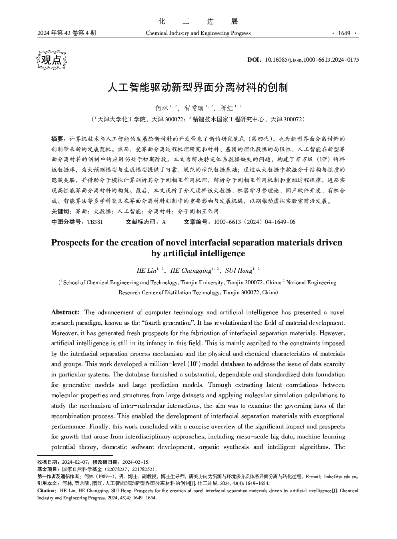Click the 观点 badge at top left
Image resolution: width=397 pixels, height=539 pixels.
tap(52, 60)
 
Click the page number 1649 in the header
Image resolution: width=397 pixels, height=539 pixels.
tap(344, 33)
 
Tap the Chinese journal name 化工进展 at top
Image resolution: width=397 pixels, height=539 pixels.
tap(198, 21)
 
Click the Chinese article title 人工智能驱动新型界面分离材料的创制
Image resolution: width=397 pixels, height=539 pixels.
tap(198, 87)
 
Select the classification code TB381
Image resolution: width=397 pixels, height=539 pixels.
tap(94, 222)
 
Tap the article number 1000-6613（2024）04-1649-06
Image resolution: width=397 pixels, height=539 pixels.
tap(255, 222)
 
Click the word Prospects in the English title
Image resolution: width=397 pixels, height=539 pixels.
tap(70, 243)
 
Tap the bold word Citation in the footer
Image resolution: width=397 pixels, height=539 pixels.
tap(46, 491)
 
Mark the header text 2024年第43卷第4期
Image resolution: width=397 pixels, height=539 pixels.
tap(66, 33)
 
